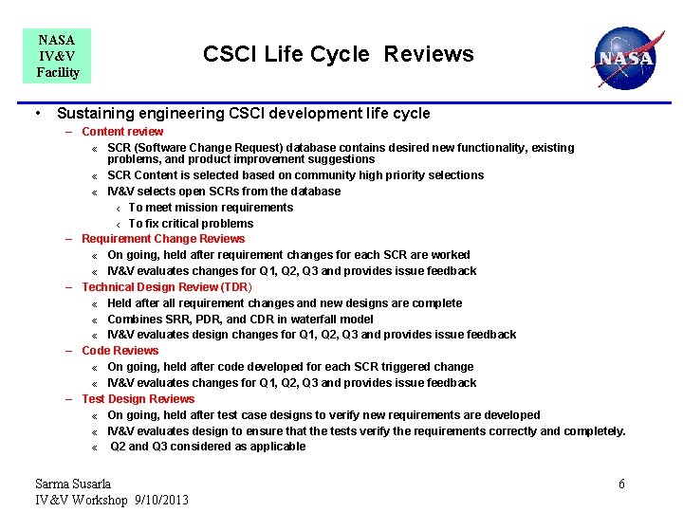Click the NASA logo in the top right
pyautogui.click(x=623, y=58)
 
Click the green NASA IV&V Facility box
pyautogui.click(x=57, y=56)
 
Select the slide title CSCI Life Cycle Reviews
pyautogui.click(x=338, y=54)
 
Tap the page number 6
pyautogui.click(x=621, y=484)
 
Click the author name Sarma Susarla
pyautogui.click(x=73, y=484)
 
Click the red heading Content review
pyautogui.click(x=122, y=132)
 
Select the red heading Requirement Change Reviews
pyautogui.click(x=163, y=239)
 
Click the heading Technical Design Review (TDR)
pyautogui.click(x=166, y=287)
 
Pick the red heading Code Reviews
pyautogui.click(x=120, y=351)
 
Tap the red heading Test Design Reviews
pyautogui.click(x=138, y=399)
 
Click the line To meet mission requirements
pyautogui.click(x=211, y=208)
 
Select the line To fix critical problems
pyautogui.click(x=191, y=224)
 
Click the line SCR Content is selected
pyautogui.click(x=295, y=175)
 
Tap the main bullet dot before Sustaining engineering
pyautogui.click(x=36, y=114)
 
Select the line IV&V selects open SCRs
pyautogui.click(x=224, y=192)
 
